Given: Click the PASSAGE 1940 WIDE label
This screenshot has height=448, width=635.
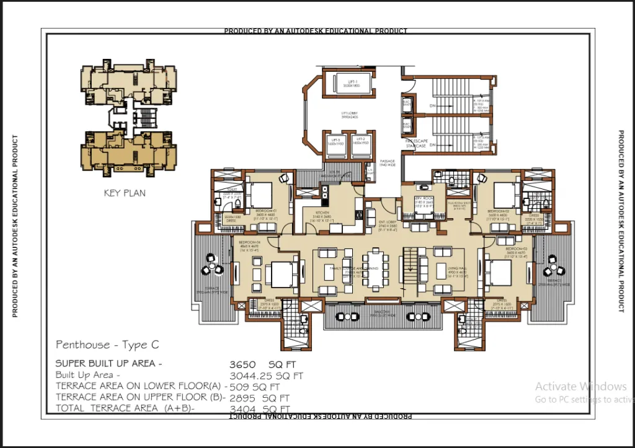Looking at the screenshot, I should coord(388,163).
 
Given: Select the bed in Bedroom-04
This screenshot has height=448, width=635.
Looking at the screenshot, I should coord(283,273).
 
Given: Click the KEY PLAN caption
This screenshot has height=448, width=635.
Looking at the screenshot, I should coord(125,193).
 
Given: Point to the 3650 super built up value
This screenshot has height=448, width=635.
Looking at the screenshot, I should coord(242,364).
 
